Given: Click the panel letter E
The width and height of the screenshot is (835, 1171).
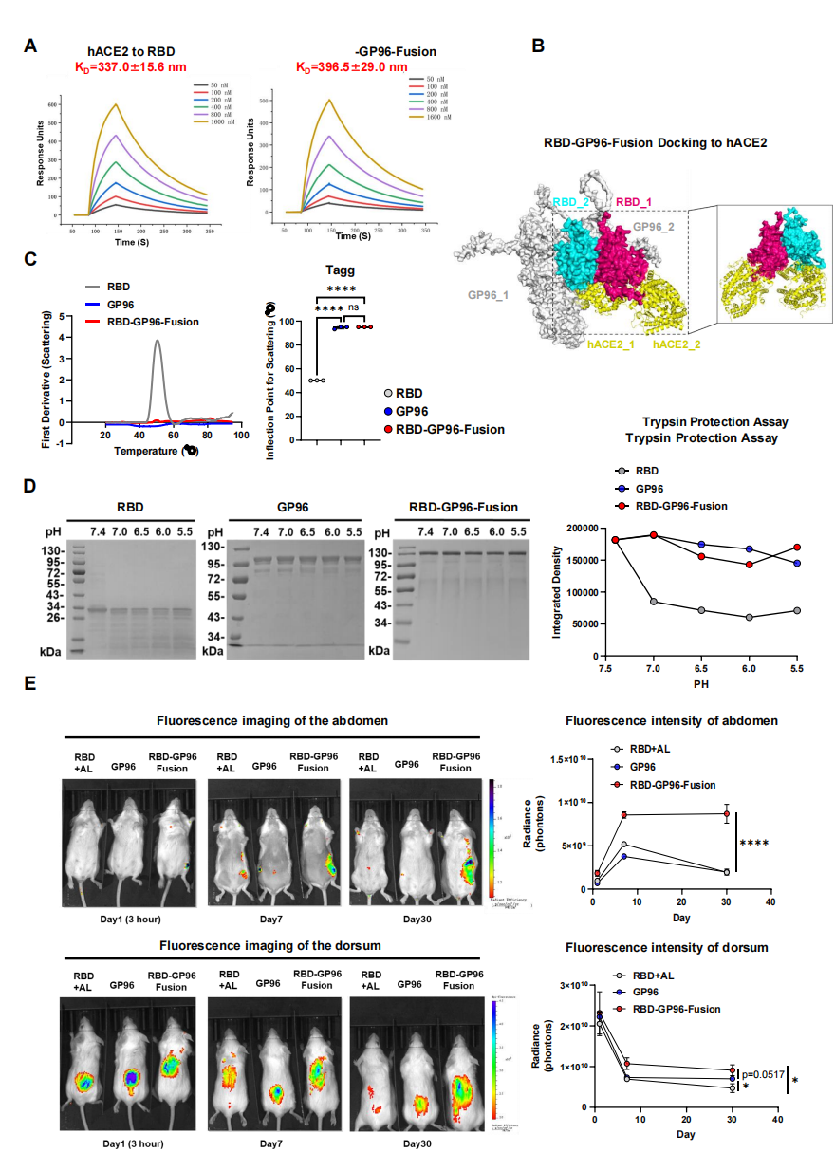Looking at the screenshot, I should pyautogui.click(x=31, y=684).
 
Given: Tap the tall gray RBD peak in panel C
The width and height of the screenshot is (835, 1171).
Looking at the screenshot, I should pyautogui.click(x=157, y=342).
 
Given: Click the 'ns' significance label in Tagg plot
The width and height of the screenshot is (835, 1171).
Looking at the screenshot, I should pyautogui.click(x=353, y=308).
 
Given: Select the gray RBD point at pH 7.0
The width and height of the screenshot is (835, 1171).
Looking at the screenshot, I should pyautogui.click(x=654, y=602).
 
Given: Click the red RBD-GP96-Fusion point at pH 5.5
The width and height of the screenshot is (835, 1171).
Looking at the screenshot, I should pyautogui.click(x=796, y=548).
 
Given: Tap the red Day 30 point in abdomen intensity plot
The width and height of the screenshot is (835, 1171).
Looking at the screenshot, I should pyautogui.click(x=727, y=814).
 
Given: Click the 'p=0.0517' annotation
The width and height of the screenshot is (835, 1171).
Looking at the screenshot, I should pyautogui.click(x=766, y=1073).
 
